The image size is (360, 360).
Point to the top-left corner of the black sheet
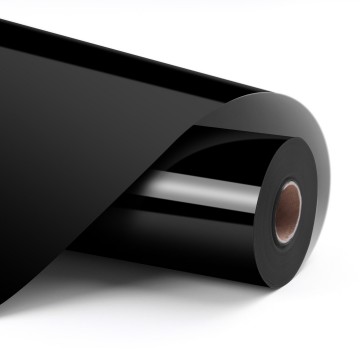point(4,22)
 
